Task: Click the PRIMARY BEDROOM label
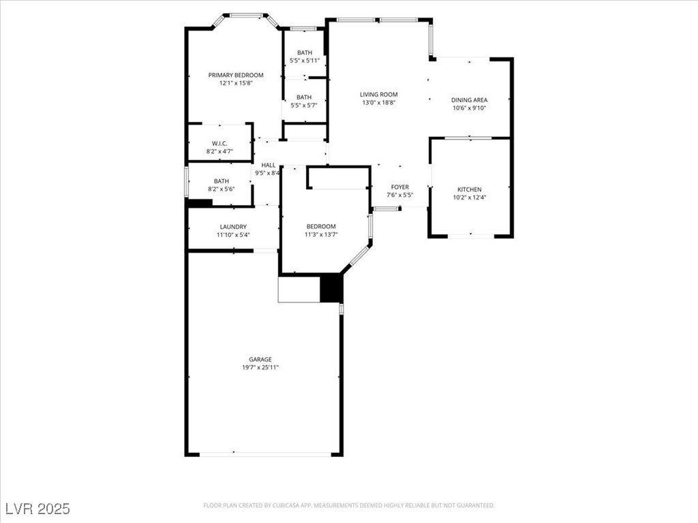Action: tap(236, 75)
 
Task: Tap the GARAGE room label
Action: tap(260, 360)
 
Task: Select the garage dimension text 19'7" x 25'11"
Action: tap(260, 367)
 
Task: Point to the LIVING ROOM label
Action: tap(379, 94)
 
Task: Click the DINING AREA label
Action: tap(469, 100)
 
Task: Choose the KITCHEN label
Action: tap(470, 189)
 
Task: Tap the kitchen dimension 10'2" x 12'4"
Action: tap(470, 197)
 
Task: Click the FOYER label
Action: tap(399, 187)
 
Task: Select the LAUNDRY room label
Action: tap(233, 227)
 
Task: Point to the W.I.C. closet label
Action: tap(219, 144)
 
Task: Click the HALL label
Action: tap(269, 165)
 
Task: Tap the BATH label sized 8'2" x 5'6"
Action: tap(222, 181)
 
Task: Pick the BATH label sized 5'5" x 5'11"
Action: tap(305, 52)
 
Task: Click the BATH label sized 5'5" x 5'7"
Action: tap(304, 97)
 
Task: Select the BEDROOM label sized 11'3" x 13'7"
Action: tap(321, 226)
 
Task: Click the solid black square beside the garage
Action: tap(332, 288)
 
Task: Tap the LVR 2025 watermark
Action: tap(38, 509)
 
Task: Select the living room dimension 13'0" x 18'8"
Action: tap(379, 102)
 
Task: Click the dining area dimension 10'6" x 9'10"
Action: tap(469, 108)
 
